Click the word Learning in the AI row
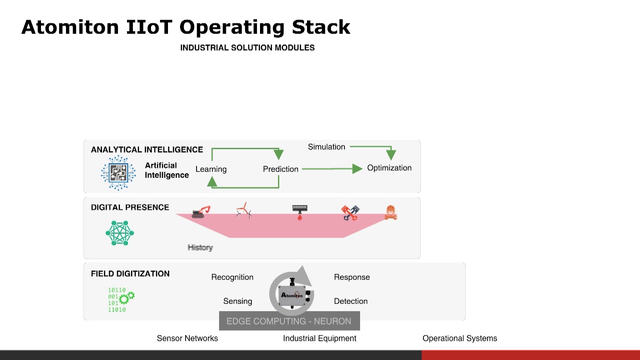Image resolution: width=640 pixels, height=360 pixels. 211,169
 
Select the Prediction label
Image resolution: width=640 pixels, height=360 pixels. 280,169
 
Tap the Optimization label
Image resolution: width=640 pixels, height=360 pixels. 389,168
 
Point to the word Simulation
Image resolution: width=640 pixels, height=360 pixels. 326,147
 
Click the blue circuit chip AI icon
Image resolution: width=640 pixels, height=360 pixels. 118,173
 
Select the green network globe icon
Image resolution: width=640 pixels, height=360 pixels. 120,233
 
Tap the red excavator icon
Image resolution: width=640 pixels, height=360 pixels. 201,212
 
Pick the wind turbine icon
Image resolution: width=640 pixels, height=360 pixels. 243,211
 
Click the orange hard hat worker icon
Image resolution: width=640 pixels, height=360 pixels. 390,212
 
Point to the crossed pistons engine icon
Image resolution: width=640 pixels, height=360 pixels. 350,212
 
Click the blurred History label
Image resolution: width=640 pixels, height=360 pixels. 200,247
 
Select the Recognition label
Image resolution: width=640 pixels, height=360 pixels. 232,277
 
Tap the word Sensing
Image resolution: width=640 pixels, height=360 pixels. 237,301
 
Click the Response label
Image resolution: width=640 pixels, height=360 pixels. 351,277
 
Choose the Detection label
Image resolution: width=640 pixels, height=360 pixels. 350,301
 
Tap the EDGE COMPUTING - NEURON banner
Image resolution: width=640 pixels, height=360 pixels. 289,321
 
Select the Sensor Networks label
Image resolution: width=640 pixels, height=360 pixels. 187,338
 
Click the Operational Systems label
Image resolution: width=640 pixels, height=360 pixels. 459,338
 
